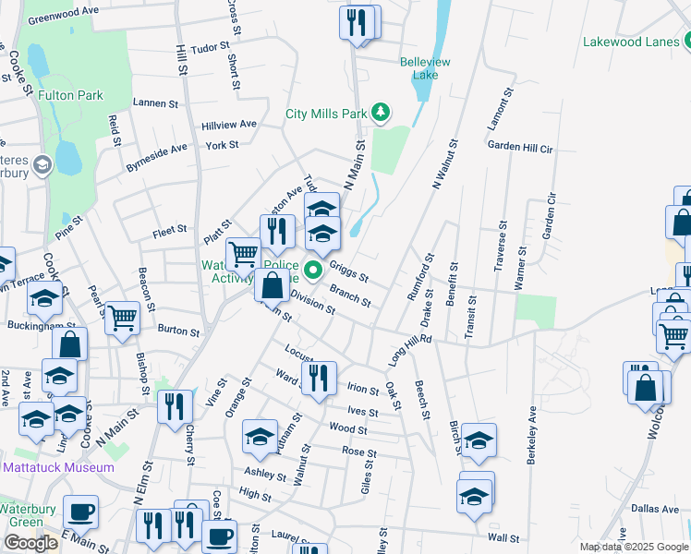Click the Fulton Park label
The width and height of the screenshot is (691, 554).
pos(70,95)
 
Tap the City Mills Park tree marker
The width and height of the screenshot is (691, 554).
pos(380,113)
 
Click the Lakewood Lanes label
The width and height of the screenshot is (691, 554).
pos(630,42)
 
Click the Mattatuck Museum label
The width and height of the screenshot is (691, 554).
pos(59,467)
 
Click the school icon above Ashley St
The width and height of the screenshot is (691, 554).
pos(261,436)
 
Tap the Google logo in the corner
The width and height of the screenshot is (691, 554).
pos(30,543)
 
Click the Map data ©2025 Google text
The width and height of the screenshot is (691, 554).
pos(635,547)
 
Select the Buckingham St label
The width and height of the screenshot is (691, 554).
pos(42,325)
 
